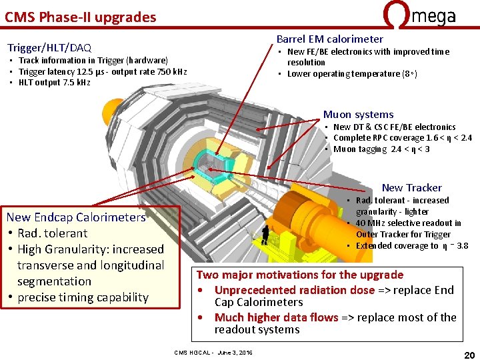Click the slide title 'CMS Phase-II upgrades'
(81, 17)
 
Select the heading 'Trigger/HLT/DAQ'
(49, 48)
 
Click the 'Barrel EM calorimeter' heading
(330, 39)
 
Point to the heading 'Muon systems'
(358, 115)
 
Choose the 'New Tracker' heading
(411, 188)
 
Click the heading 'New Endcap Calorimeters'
(76, 217)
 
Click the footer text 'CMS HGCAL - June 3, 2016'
(213, 352)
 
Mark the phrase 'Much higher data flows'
(276, 317)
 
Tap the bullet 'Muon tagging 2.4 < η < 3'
(381, 149)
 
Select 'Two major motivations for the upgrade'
(300, 275)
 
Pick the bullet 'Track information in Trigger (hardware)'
(93, 61)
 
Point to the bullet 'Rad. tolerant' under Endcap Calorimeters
(52, 233)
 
